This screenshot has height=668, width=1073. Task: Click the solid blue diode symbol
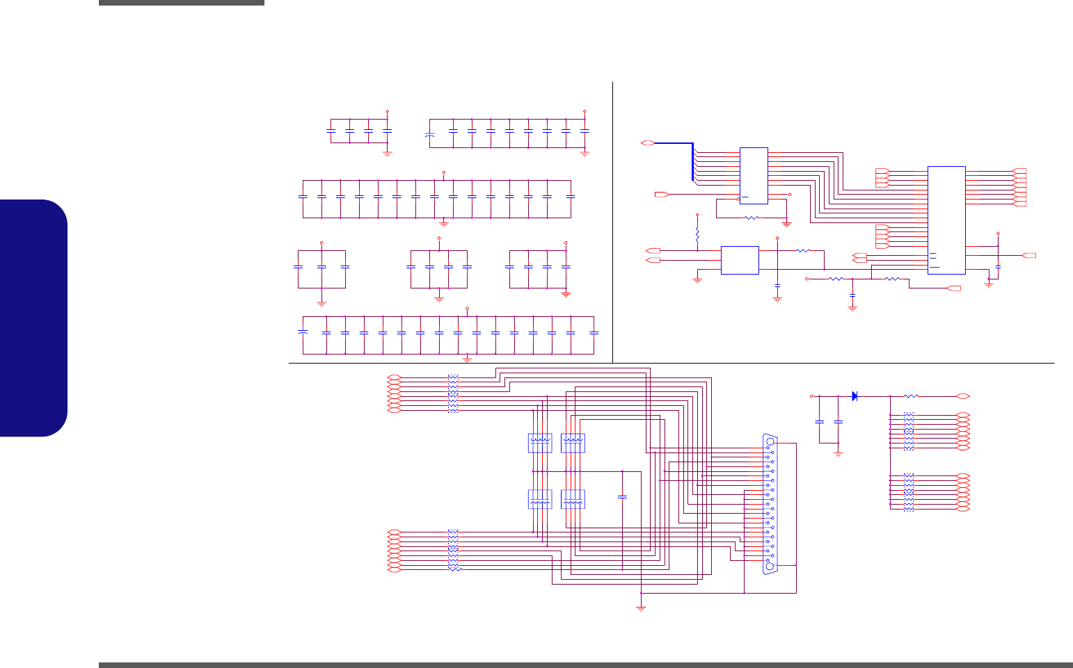[x=855, y=396]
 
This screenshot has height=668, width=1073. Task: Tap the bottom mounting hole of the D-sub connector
[x=769, y=567]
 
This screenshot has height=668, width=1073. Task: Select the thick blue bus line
[x=692, y=160]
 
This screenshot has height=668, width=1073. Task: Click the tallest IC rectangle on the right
[x=946, y=220]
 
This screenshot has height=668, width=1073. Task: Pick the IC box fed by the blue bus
[x=754, y=175]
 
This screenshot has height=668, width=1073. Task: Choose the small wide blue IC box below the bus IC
[x=740, y=260]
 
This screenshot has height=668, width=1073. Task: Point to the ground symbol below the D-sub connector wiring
[x=641, y=608]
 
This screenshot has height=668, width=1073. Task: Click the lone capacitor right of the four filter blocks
[x=622, y=496]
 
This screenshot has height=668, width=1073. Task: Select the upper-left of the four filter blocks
[x=540, y=443]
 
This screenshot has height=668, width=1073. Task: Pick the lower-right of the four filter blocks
[x=573, y=499]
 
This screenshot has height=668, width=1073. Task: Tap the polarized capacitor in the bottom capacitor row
[x=303, y=334]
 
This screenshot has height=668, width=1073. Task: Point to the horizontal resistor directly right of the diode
[x=911, y=396]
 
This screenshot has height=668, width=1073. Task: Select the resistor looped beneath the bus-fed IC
[x=751, y=218]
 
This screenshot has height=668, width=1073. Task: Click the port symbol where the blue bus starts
[x=646, y=143]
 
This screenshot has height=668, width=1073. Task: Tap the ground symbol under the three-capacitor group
[x=321, y=303]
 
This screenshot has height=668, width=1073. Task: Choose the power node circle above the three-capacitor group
[x=321, y=243]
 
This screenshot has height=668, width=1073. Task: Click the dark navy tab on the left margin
[x=33, y=318]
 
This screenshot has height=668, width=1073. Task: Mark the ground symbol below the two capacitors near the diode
[x=838, y=454]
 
